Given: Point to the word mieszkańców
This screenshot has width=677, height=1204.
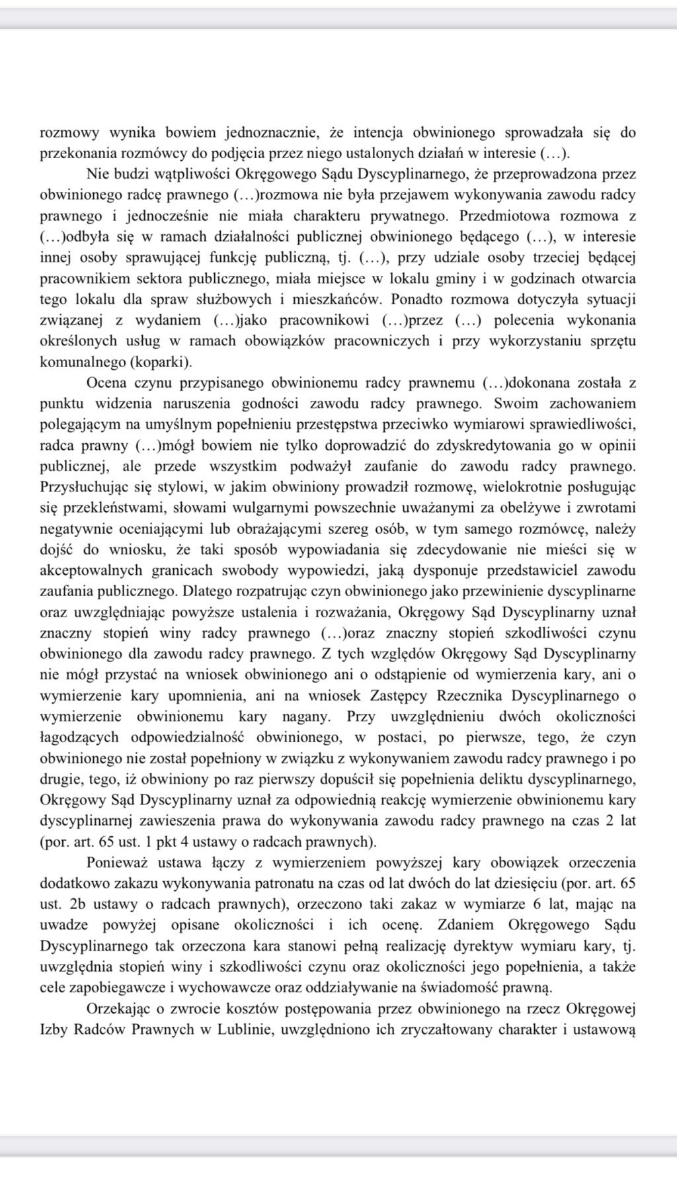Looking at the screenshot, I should coord(339,299).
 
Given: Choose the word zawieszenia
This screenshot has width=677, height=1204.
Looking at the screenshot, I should coord(175,821).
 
